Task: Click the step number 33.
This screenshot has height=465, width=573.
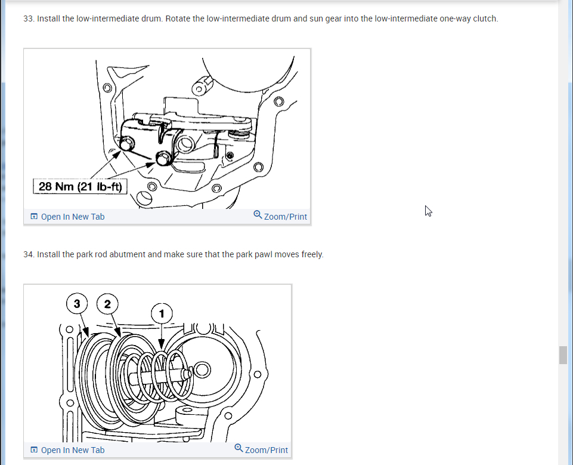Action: (x=29, y=19)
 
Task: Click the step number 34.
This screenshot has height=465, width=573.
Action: (x=29, y=254)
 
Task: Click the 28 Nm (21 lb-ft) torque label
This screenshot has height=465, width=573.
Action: (x=80, y=187)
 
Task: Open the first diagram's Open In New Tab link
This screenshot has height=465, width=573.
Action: (x=72, y=217)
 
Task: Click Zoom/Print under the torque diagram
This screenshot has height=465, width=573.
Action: (x=285, y=217)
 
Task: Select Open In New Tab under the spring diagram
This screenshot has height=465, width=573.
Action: (x=72, y=450)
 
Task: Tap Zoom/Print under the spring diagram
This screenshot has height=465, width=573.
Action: (x=266, y=450)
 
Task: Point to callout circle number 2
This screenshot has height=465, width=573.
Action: (x=107, y=304)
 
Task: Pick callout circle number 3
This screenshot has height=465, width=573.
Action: (x=77, y=304)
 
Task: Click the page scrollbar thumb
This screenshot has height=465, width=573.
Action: (x=563, y=355)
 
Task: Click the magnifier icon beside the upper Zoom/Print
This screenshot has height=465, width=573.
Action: (x=258, y=214)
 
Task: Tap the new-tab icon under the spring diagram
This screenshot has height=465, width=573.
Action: (x=34, y=450)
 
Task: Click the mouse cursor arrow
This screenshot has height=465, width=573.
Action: (x=428, y=210)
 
